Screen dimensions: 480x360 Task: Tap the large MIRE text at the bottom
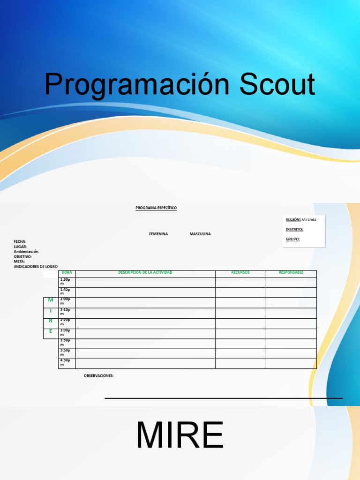(180, 436)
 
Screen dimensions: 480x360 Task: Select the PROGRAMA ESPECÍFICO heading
(156, 208)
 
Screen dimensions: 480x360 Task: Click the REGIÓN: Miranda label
(300, 219)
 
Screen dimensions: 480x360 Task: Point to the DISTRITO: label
(294, 229)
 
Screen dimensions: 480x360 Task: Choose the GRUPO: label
(292, 239)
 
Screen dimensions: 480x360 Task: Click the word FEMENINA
(158, 234)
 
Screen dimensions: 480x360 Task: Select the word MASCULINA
(200, 234)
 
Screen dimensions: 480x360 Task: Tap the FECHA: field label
(20, 241)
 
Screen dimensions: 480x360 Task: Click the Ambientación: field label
(26, 251)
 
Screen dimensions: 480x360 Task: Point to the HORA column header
(67, 272)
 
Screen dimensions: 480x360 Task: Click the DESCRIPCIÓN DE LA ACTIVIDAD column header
(145, 272)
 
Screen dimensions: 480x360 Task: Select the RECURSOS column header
(240, 272)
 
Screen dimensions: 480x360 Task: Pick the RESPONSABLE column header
(291, 272)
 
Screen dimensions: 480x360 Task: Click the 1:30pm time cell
(65, 281)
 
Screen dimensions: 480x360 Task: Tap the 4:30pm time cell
(65, 362)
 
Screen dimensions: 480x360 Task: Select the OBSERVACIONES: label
(98, 375)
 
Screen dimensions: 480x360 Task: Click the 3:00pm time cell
(65, 332)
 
